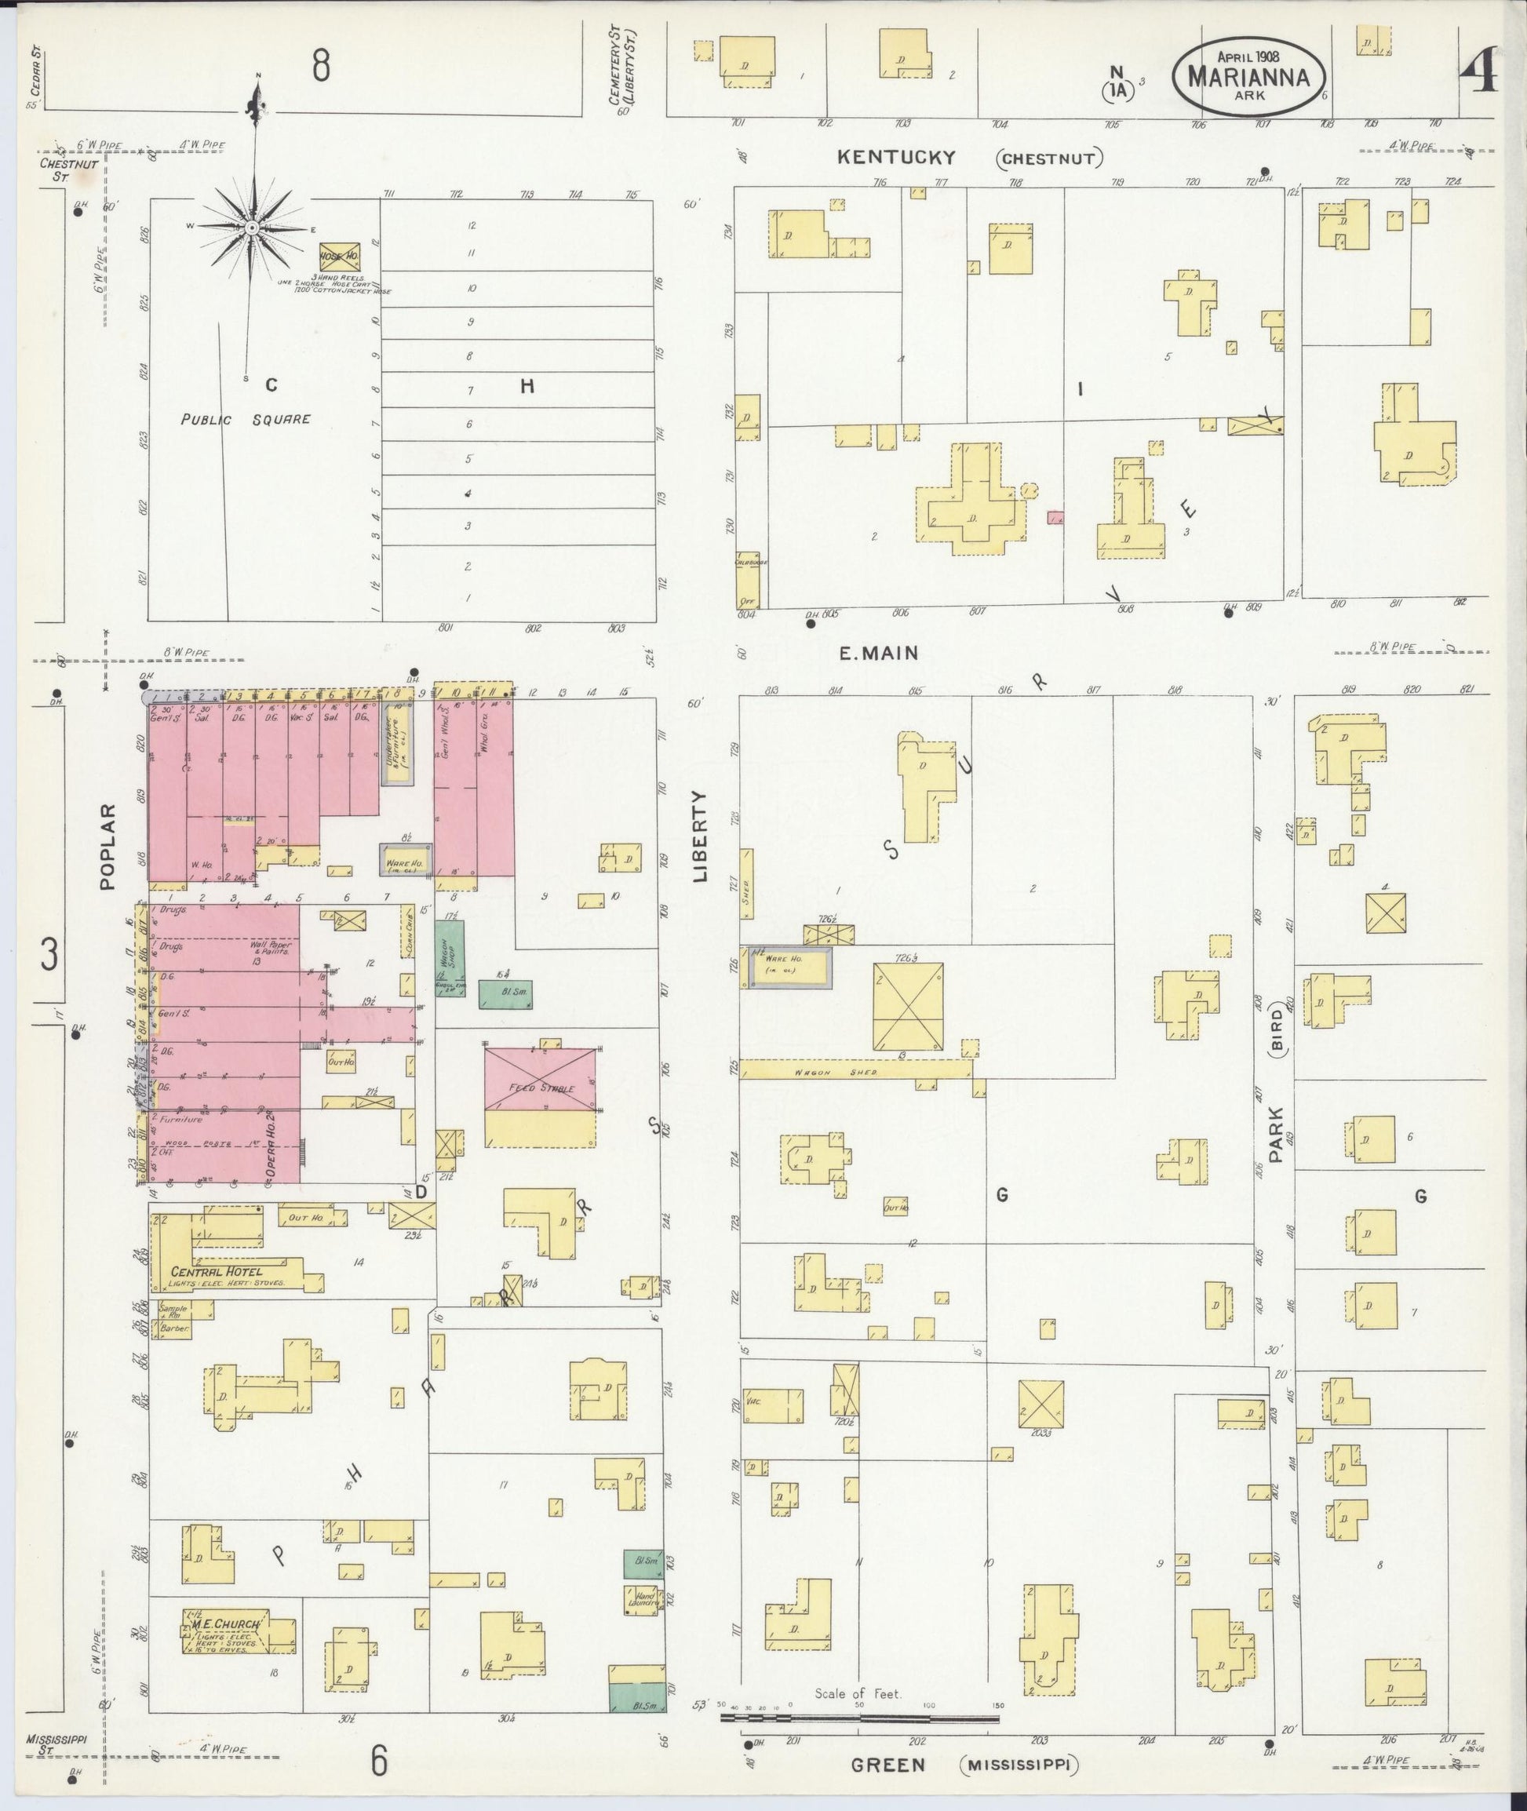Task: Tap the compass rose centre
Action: [x=251, y=228]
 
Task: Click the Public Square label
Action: [x=246, y=420]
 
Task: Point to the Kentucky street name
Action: [x=896, y=158]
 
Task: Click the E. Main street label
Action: [x=879, y=654]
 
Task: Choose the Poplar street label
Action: [x=108, y=847]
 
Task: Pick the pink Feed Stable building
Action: [x=540, y=1078]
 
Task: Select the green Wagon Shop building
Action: [x=450, y=957]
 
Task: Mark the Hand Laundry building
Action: [x=643, y=1599]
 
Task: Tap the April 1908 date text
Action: [x=1249, y=53]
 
